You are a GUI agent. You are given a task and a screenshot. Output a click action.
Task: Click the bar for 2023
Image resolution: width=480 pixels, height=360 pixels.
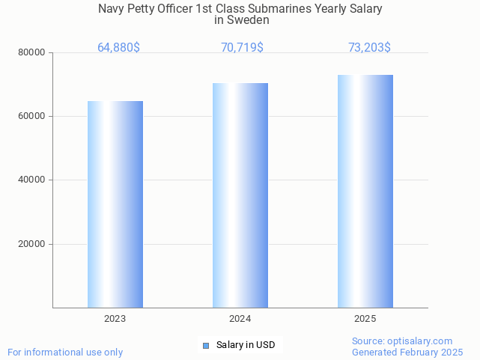point(115,204)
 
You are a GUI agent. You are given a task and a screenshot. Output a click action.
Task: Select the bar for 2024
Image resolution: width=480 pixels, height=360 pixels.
point(240,195)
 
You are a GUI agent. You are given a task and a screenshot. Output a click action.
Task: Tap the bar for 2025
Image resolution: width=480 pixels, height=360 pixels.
point(365,192)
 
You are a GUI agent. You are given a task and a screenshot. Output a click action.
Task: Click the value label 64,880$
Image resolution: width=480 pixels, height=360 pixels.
point(118,48)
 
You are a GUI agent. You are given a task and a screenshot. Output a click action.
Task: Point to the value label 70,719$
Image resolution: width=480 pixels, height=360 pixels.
point(242,48)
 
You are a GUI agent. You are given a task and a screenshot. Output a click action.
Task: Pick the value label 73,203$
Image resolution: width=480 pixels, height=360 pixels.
point(369,48)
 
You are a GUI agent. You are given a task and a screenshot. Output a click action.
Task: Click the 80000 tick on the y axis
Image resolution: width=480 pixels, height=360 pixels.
point(33,52)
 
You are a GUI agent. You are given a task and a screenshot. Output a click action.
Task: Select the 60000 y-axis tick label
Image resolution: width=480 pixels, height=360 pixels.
point(33,117)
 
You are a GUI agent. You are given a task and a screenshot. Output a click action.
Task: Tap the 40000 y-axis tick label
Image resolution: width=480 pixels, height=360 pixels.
point(33,180)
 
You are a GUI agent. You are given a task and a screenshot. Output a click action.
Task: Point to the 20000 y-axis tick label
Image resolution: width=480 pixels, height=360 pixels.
point(33,244)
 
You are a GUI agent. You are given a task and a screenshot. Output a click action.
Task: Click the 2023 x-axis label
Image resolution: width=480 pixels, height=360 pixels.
point(115,319)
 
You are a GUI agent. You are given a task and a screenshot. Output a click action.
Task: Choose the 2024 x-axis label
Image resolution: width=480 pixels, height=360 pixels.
point(240,319)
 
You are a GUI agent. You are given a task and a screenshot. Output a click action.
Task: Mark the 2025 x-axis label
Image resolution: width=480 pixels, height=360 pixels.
point(365,319)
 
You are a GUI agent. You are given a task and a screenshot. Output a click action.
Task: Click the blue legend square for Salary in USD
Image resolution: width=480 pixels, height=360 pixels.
point(206,345)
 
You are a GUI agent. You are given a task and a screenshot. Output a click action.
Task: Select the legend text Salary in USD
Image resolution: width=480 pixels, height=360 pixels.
point(246,345)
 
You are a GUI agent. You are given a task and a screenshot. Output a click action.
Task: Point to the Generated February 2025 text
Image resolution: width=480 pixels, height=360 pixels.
point(407,352)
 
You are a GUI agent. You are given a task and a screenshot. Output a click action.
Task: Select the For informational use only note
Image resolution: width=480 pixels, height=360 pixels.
point(65,352)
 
